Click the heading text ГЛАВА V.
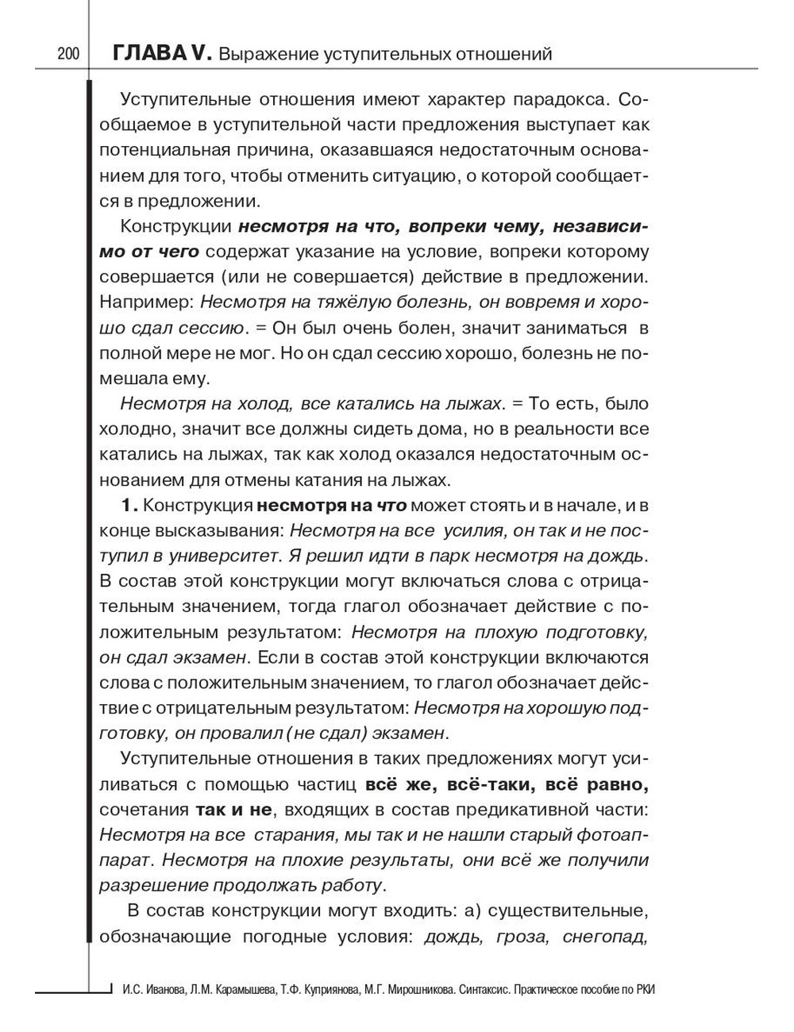coord(162,54)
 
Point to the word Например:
coord(146,302)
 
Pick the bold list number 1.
coord(129,506)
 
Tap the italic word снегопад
coord(605,938)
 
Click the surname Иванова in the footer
coord(164,989)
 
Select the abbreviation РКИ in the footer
coord(649,989)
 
